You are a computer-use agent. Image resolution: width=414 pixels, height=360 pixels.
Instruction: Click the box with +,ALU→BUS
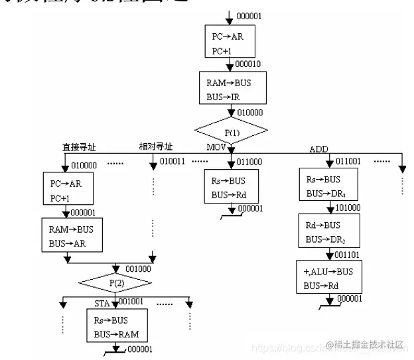pyautogui.click(x=329, y=277)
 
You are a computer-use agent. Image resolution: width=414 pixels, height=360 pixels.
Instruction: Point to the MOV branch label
pyautogui.click(x=216, y=147)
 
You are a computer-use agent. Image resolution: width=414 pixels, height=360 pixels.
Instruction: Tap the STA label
pyautogui.click(x=102, y=304)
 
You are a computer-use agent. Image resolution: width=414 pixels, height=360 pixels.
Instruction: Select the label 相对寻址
pyautogui.click(x=155, y=147)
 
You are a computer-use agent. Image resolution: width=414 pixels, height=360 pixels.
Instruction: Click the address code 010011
pyautogui.click(x=174, y=161)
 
